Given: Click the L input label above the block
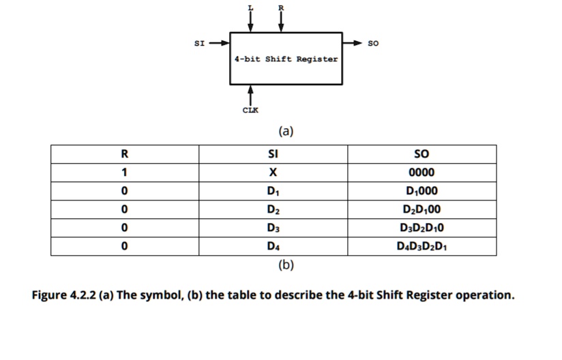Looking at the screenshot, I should tap(250, 7).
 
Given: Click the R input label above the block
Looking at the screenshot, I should tap(280, 7).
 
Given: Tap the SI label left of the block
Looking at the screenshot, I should tap(199, 43).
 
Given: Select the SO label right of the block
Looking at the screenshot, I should tap(372, 43).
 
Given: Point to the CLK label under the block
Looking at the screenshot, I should tap(250, 110).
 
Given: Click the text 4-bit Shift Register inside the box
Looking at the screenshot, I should tap(286, 59).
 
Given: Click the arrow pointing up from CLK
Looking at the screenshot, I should tap(250, 94).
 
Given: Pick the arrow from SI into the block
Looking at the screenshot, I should tap(219, 43).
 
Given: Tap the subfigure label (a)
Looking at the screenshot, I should tap(286, 130).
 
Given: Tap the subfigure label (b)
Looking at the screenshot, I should tap(286, 265).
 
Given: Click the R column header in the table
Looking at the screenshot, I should tap(125, 153).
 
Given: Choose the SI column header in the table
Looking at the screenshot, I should tap(273, 153).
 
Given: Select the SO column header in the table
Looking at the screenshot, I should tap(421, 153).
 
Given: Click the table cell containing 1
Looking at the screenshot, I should tap(125, 172).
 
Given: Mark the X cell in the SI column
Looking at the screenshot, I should tap(273, 172).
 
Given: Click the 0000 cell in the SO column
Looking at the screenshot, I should tap(421, 172).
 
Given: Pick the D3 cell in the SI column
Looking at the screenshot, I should tap(273, 227).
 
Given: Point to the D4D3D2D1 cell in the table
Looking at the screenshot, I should tap(421, 245).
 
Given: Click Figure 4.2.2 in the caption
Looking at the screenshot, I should tap(65, 295).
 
